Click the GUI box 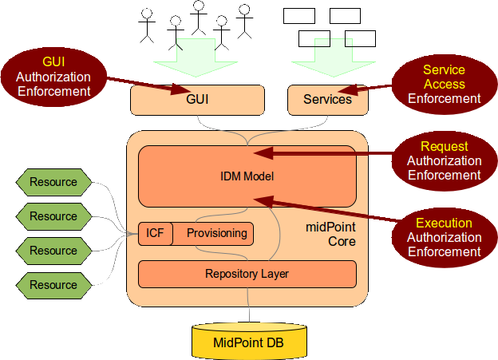point(197,101)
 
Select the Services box point(327,100)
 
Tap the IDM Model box point(247,176)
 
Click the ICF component point(154,233)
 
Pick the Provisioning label point(217,233)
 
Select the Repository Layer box point(247,274)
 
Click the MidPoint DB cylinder point(248,341)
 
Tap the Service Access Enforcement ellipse point(444,85)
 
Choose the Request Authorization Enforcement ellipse point(444,160)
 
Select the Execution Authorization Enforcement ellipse point(444,237)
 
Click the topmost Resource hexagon point(53,182)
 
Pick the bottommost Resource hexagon point(53,285)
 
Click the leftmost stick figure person point(146,25)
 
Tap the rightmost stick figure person point(245,22)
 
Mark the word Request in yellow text point(444,147)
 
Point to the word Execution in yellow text point(444,224)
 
